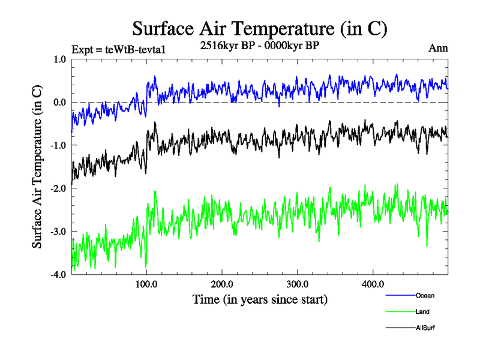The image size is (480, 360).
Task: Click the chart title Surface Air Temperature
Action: [x=259, y=28]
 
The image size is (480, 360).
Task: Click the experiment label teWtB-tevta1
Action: [x=118, y=49]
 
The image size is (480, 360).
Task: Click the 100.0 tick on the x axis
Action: [x=147, y=284]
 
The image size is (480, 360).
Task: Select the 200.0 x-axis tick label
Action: [x=222, y=284]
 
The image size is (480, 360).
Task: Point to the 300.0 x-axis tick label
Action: [x=298, y=284]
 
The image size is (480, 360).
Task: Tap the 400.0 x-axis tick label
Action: [x=373, y=284]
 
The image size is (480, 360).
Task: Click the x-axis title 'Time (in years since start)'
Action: [x=260, y=299]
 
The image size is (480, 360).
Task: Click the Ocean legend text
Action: [x=424, y=295]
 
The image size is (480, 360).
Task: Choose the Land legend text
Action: [x=422, y=312]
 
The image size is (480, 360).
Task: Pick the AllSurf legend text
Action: [x=425, y=328]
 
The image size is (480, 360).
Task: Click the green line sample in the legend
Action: [x=400, y=312]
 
